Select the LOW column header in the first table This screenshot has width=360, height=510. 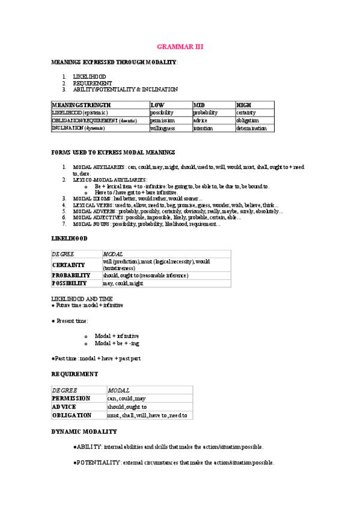click(157, 105)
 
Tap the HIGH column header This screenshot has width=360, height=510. click(243, 105)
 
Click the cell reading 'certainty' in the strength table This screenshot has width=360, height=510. click(246, 112)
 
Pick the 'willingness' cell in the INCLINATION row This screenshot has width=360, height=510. click(162, 128)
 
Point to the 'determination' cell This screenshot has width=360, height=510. click(251, 128)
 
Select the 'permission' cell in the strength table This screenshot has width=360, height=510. click(162, 120)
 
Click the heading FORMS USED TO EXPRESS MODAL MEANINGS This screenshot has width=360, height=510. click(113, 153)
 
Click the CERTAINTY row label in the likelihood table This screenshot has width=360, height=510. click(69, 265)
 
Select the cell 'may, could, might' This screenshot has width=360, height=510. click(123, 283)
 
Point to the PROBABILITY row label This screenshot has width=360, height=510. click(71, 275)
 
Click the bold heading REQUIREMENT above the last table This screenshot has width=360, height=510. click(75, 373)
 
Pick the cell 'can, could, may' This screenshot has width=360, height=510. click(126, 398)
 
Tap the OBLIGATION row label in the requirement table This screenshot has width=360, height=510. click(72, 415)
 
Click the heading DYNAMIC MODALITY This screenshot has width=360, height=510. click(84, 431)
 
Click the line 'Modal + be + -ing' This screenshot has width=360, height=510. click(117, 343)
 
